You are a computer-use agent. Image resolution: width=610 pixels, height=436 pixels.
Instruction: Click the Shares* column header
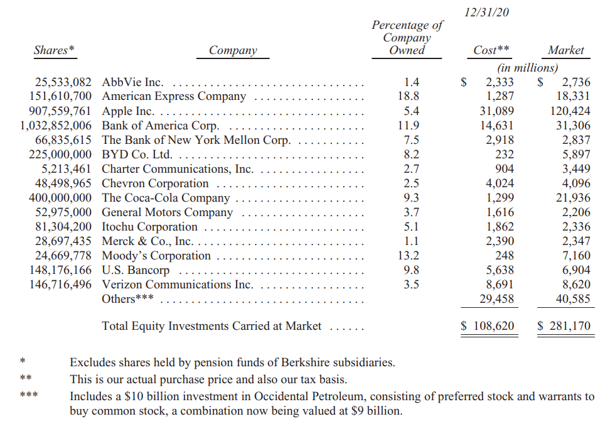pos(54,50)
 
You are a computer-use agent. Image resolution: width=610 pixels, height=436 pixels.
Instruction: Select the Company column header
pos(233,50)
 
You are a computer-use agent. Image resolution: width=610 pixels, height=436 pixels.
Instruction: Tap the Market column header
pos(565,50)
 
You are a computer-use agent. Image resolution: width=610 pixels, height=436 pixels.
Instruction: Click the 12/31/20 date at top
pos(487,13)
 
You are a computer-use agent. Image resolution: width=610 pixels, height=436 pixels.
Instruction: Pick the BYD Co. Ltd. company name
pos(137,155)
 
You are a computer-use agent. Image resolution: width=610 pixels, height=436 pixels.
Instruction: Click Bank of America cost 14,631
pos(500,126)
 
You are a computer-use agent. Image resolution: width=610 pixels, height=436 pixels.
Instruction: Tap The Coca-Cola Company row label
pos(166,198)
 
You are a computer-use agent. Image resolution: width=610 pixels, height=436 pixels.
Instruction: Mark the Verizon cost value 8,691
pos(500,285)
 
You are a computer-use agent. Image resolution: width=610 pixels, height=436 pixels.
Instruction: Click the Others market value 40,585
pos(573,299)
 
